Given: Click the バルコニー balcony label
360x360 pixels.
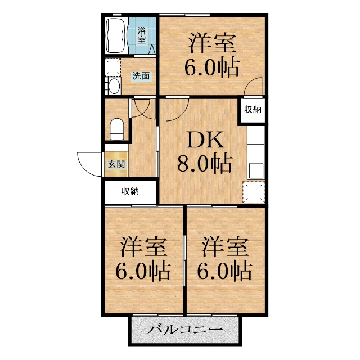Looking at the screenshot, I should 186,330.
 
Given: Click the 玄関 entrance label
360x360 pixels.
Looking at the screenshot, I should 117,165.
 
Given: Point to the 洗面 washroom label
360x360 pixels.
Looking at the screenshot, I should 141,76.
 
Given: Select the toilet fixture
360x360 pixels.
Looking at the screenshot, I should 116,129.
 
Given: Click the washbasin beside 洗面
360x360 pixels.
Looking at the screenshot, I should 114,86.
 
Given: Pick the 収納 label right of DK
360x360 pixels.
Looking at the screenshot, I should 253,110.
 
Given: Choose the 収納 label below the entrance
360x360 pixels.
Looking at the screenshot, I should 130,191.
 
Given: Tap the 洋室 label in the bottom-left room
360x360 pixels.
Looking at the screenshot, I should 143,247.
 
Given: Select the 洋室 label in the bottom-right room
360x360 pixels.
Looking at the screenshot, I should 225,247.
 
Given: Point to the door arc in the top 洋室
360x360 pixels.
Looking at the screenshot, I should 254,85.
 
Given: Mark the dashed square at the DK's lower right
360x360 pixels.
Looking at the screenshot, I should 253,192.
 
